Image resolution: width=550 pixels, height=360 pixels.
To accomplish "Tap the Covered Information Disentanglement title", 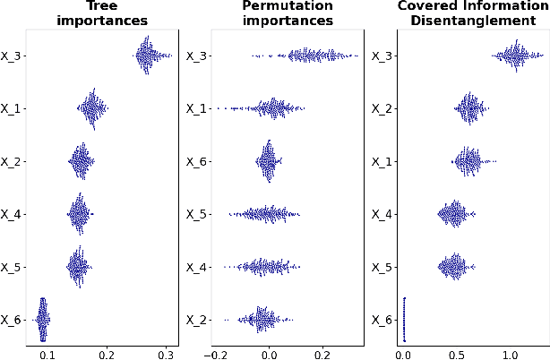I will click(460, 13).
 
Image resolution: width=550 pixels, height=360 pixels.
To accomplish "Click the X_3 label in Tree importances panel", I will click(13, 56).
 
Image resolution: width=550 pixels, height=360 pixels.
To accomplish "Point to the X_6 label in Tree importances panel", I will click(13, 320).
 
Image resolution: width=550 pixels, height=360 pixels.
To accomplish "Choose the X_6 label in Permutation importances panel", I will click(197, 162).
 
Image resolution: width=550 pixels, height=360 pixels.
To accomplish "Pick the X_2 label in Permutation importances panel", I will click(197, 320).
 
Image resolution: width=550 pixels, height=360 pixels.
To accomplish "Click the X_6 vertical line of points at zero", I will click(404, 319).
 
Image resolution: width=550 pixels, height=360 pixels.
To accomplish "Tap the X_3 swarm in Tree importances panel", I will click(151, 56).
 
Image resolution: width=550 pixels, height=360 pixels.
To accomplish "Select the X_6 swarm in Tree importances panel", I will click(42, 319).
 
